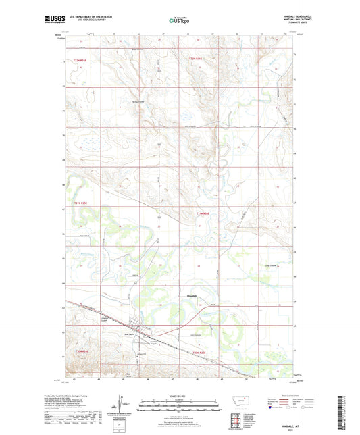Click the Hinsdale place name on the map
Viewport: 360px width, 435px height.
(191, 295)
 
